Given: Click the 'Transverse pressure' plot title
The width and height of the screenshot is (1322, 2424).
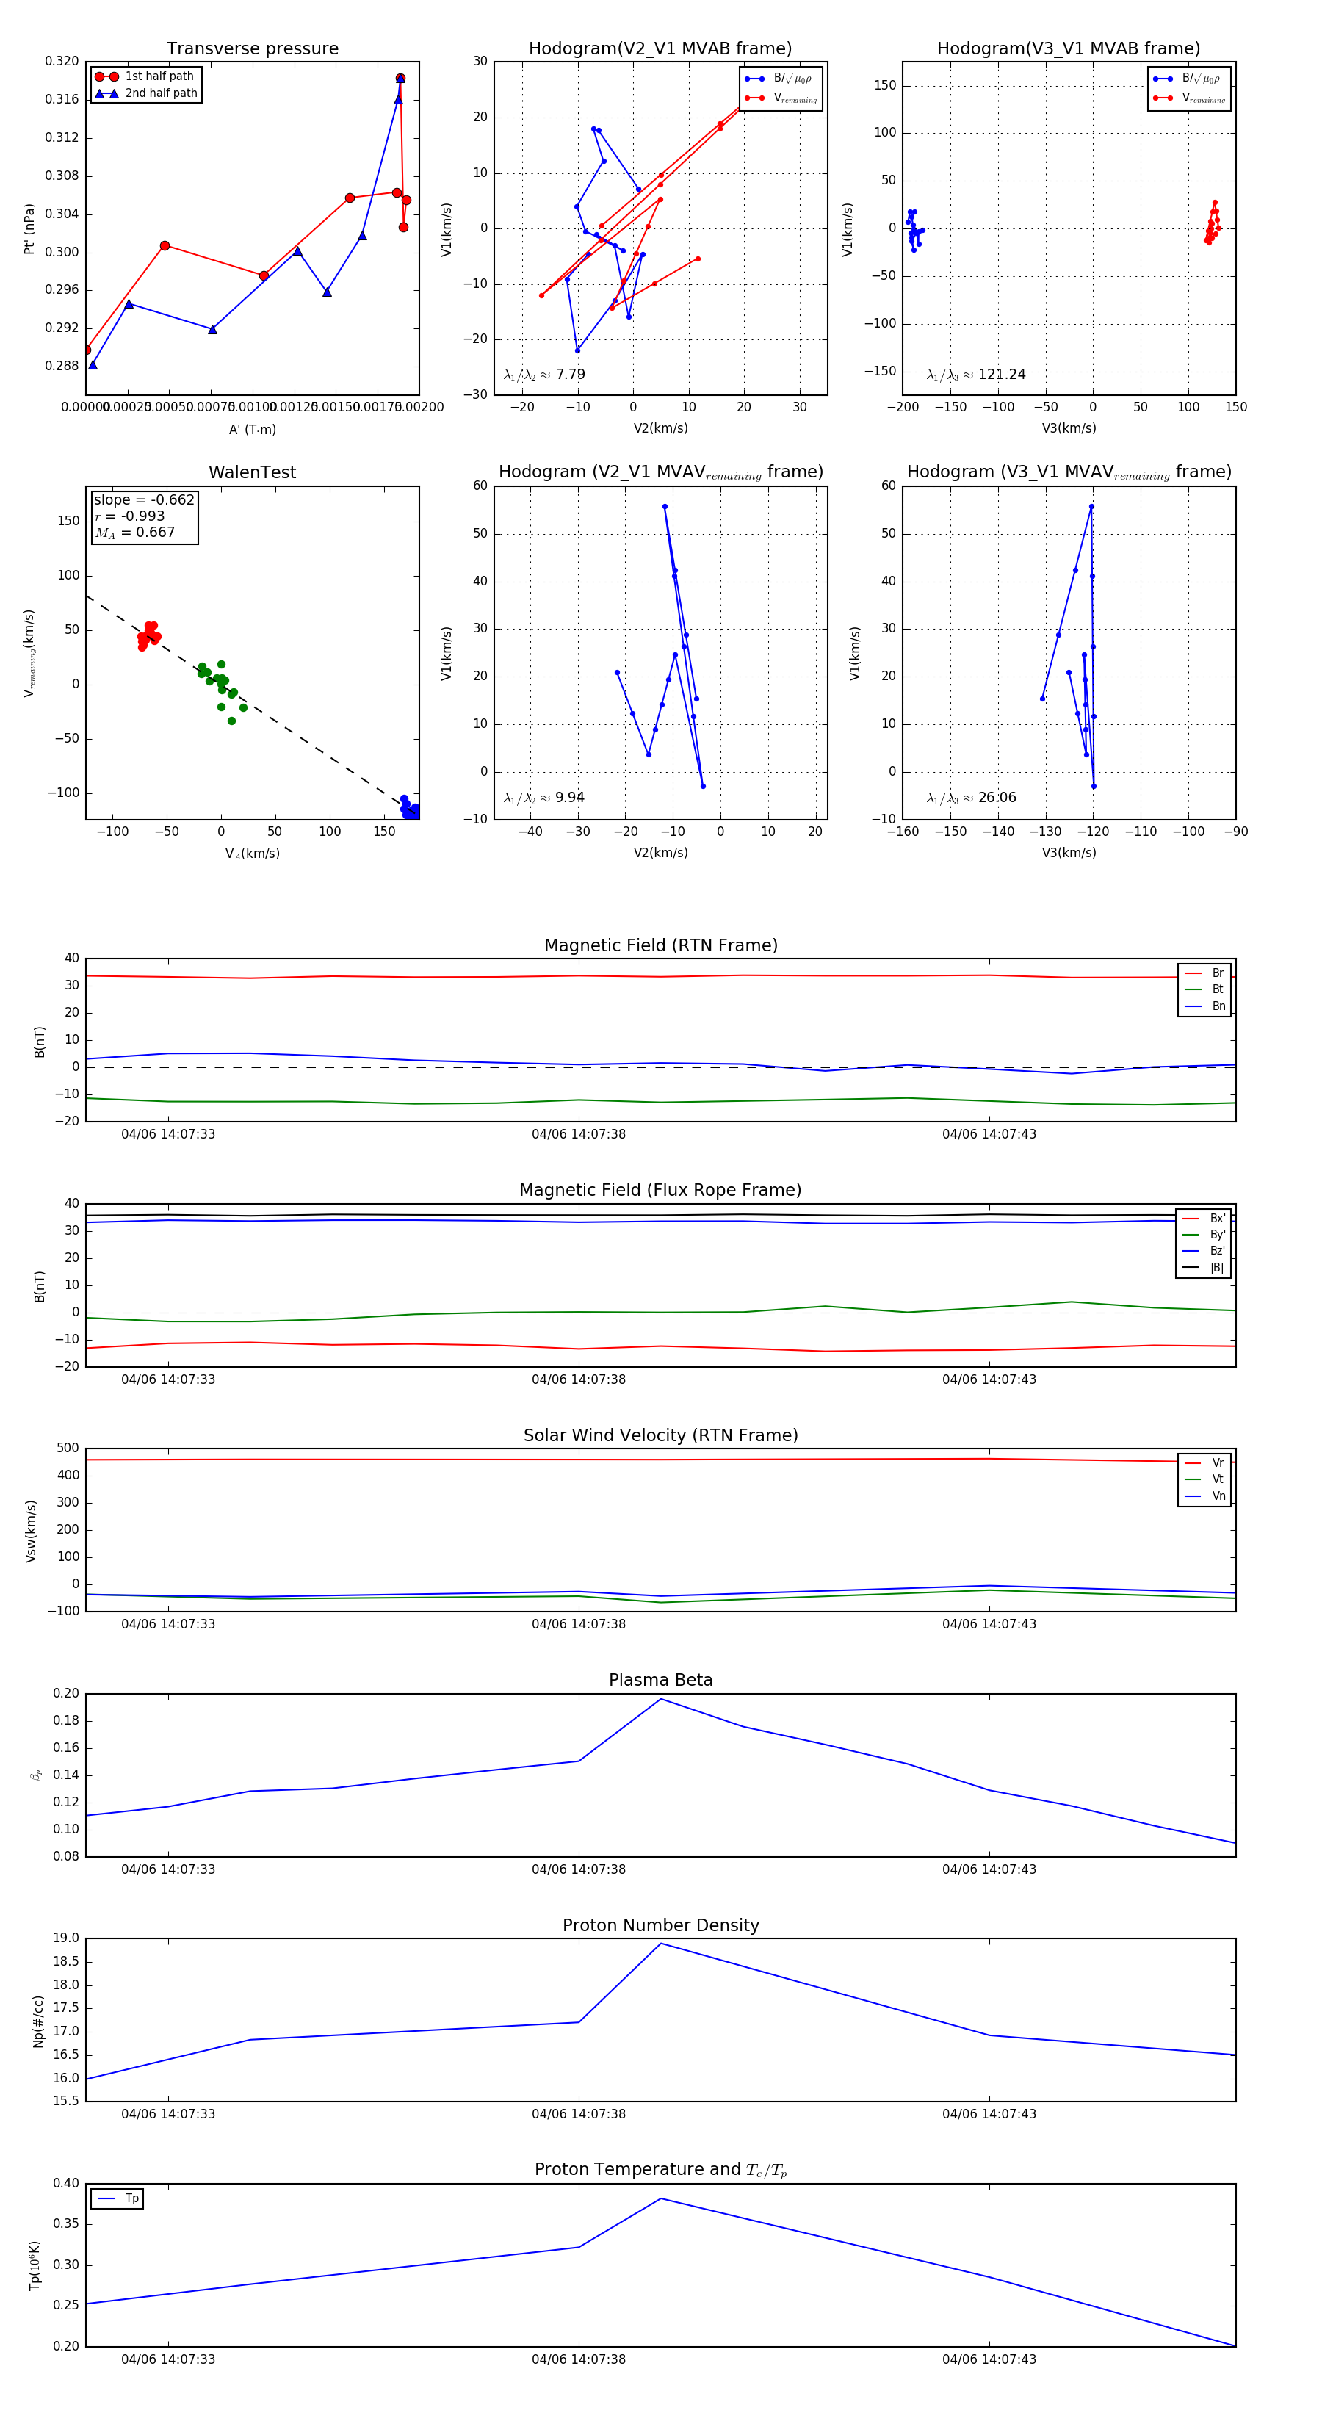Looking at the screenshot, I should tap(252, 49).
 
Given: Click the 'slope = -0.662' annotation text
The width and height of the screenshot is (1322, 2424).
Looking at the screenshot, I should tap(144, 499).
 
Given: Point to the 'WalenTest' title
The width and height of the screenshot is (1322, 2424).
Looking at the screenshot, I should tap(252, 472).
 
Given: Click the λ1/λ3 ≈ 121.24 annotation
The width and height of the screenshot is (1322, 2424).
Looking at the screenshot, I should tap(976, 375).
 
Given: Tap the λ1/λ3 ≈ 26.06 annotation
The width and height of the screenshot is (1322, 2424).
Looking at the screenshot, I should tap(971, 798).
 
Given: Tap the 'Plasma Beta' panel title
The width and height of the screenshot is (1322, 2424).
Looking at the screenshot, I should tap(660, 1680).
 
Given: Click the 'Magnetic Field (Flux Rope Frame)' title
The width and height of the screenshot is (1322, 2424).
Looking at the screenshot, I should tap(660, 1191).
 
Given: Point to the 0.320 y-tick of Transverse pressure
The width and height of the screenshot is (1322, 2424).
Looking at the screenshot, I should tap(62, 61).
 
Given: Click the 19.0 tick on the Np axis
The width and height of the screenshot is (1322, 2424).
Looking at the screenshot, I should tap(67, 1938).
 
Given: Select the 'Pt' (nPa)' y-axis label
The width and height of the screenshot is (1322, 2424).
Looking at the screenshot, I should tap(29, 228).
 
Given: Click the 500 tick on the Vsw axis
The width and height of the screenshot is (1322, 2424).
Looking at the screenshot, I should tap(68, 1449).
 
